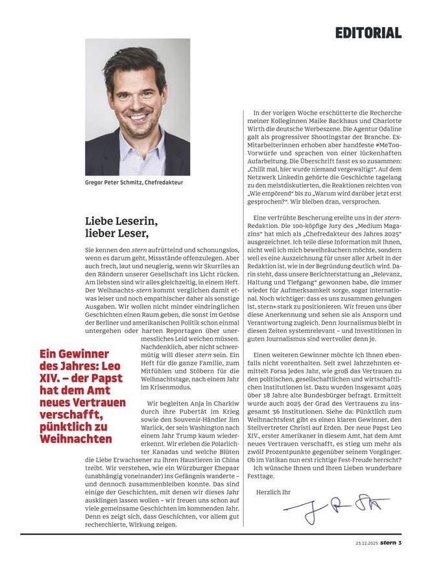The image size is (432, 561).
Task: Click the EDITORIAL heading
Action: [368, 32]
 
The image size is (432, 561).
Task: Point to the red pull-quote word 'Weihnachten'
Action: [76, 439]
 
